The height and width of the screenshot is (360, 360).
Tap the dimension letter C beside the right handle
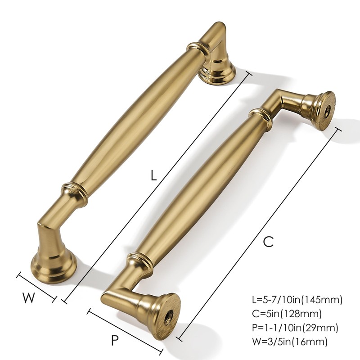(x=268, y=242)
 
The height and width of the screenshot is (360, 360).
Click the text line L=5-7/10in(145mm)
(x=297, y=299)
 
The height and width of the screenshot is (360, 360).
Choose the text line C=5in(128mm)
(x=288, y=313)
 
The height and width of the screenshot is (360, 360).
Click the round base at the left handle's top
(x=218, y=72)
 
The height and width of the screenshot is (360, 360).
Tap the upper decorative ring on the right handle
(x=260, y=115)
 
